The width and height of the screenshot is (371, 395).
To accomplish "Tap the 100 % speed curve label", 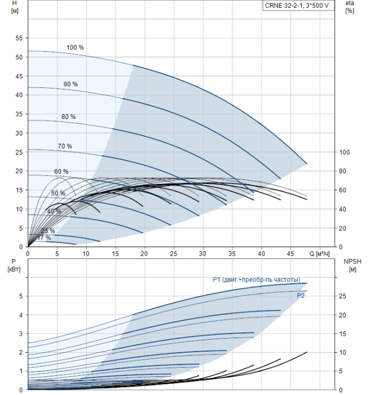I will click(x=75, y=47).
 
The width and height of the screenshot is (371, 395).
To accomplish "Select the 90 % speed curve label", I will click(x=70, y=84).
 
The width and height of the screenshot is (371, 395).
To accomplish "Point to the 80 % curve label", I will click(x=68, y=117).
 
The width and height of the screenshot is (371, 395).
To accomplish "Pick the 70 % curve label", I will click(x=65, y=146).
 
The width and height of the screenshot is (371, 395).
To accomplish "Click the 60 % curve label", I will click(x=61, y=172).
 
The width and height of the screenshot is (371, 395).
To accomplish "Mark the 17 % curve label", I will click(x=44, y=238).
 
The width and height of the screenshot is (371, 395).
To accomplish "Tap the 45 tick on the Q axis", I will click(x=290, y=254).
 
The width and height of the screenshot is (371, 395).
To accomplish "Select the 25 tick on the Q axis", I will click(x=174, y=254).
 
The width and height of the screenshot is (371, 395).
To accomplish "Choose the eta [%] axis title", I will click(x=349, y=7).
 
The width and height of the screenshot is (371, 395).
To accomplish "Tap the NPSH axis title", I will click(x=350, y=265).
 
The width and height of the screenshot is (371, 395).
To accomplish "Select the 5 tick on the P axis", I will click(x=21, y=296).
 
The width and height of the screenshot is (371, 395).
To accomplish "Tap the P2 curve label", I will click(x=301, y=295).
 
